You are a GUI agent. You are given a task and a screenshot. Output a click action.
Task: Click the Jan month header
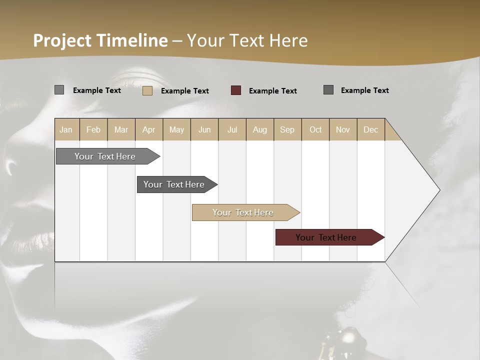[66, 129]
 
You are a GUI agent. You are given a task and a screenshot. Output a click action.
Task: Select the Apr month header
[149, 129]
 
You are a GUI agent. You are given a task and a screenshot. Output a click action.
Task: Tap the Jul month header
[232, 129]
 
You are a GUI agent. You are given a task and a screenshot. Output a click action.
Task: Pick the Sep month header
[287, 129]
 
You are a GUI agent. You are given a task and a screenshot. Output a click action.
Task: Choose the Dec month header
[370, 129]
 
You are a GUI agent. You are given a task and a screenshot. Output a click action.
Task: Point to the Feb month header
[93, 129]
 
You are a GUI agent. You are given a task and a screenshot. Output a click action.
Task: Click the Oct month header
[315, 129]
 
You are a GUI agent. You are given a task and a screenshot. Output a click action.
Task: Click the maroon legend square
[236, 90]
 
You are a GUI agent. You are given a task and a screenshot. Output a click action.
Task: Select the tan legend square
[147, 90]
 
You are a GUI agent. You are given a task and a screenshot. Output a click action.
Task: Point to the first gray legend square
[59, 90]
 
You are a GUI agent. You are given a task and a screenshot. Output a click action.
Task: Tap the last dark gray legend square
[328, 90]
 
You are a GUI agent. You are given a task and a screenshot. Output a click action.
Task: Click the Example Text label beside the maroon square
[273, 91]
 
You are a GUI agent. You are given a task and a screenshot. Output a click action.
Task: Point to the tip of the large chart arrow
[439, 190]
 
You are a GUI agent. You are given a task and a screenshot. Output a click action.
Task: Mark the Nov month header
[343, 129]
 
